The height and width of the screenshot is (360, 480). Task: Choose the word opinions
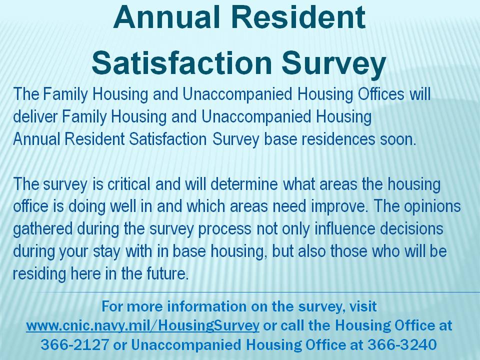click(x=432, y=207)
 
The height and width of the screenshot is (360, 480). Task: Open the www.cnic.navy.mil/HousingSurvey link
click(x=142, y=325)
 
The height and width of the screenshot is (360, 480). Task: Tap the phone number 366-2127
click(x=74, y=344)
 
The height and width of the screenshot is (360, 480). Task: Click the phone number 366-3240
click(x=402, y=344)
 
